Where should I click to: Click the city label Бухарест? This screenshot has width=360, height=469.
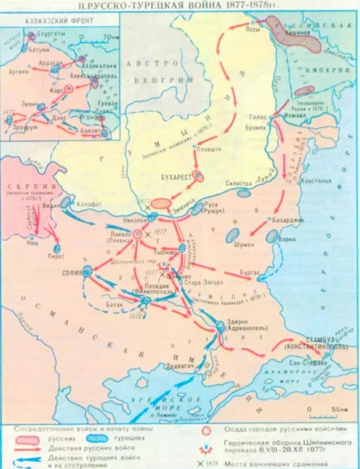click(x=176, y=177)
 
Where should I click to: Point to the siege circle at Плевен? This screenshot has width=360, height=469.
click(x=138, y=234)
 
